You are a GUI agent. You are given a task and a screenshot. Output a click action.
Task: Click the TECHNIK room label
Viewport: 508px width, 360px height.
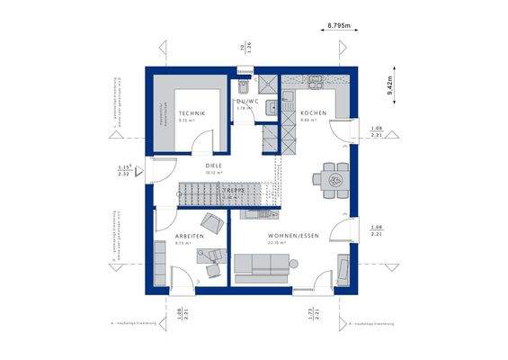pyautogui.click(x=192, y=112)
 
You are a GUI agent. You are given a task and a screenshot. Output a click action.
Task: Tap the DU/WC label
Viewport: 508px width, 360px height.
pyautogui.click(x=247, y=102)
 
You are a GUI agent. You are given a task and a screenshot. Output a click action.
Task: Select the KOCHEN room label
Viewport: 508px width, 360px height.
pyautogui.click(x=314, y=112)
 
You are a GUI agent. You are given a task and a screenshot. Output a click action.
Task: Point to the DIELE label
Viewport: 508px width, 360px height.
pyautogui.click(x=213, y=166)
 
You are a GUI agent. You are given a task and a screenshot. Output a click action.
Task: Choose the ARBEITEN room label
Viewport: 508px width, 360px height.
pyautogui.click(x=190, y=236)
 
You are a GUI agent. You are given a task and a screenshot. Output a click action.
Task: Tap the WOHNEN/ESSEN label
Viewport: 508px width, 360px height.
pyautogui.click(x=287, y=236)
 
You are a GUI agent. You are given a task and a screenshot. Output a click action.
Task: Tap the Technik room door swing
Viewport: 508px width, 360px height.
pyautogui.click(x=207, y=140)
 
